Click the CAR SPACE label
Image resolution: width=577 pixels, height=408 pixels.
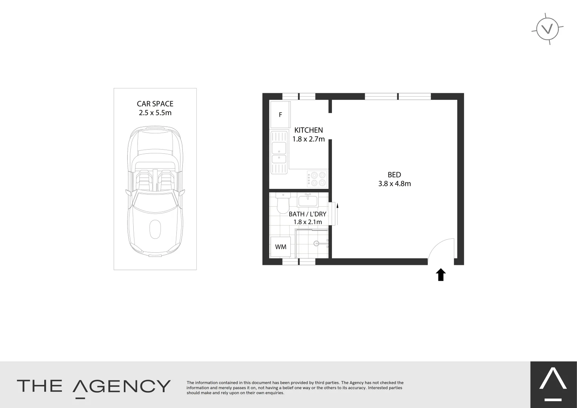[x=155, y=104]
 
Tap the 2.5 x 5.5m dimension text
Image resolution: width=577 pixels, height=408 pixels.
[x=155, y=113]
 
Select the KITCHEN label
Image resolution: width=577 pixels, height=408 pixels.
[x=309, y=130]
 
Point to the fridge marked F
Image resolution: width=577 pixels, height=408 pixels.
[x=280, y=115]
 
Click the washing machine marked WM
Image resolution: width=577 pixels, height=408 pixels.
[x=281, y=247]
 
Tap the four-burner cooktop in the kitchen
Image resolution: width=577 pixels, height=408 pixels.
[x=317, y=179]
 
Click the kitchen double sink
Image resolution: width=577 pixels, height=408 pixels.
[x=279, y=152]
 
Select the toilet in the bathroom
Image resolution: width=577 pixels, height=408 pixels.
[x=283, y=203]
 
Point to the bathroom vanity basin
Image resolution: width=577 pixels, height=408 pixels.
[x=308, y=200]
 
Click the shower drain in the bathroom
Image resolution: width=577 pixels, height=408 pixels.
[x=316, y=243]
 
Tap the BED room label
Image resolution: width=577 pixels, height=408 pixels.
[x=394, y=175]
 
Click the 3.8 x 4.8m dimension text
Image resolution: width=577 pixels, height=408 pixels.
[x=394, y=184]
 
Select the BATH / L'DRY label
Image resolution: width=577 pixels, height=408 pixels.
[x=307, y=214]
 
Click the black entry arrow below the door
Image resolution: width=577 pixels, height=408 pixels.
[x=441, y=275]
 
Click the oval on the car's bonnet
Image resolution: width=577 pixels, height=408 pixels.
[x=155, y=229]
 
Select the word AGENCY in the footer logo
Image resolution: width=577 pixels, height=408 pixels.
[x=122, y=386]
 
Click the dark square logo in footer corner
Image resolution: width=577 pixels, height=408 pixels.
[x=554, y=385]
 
